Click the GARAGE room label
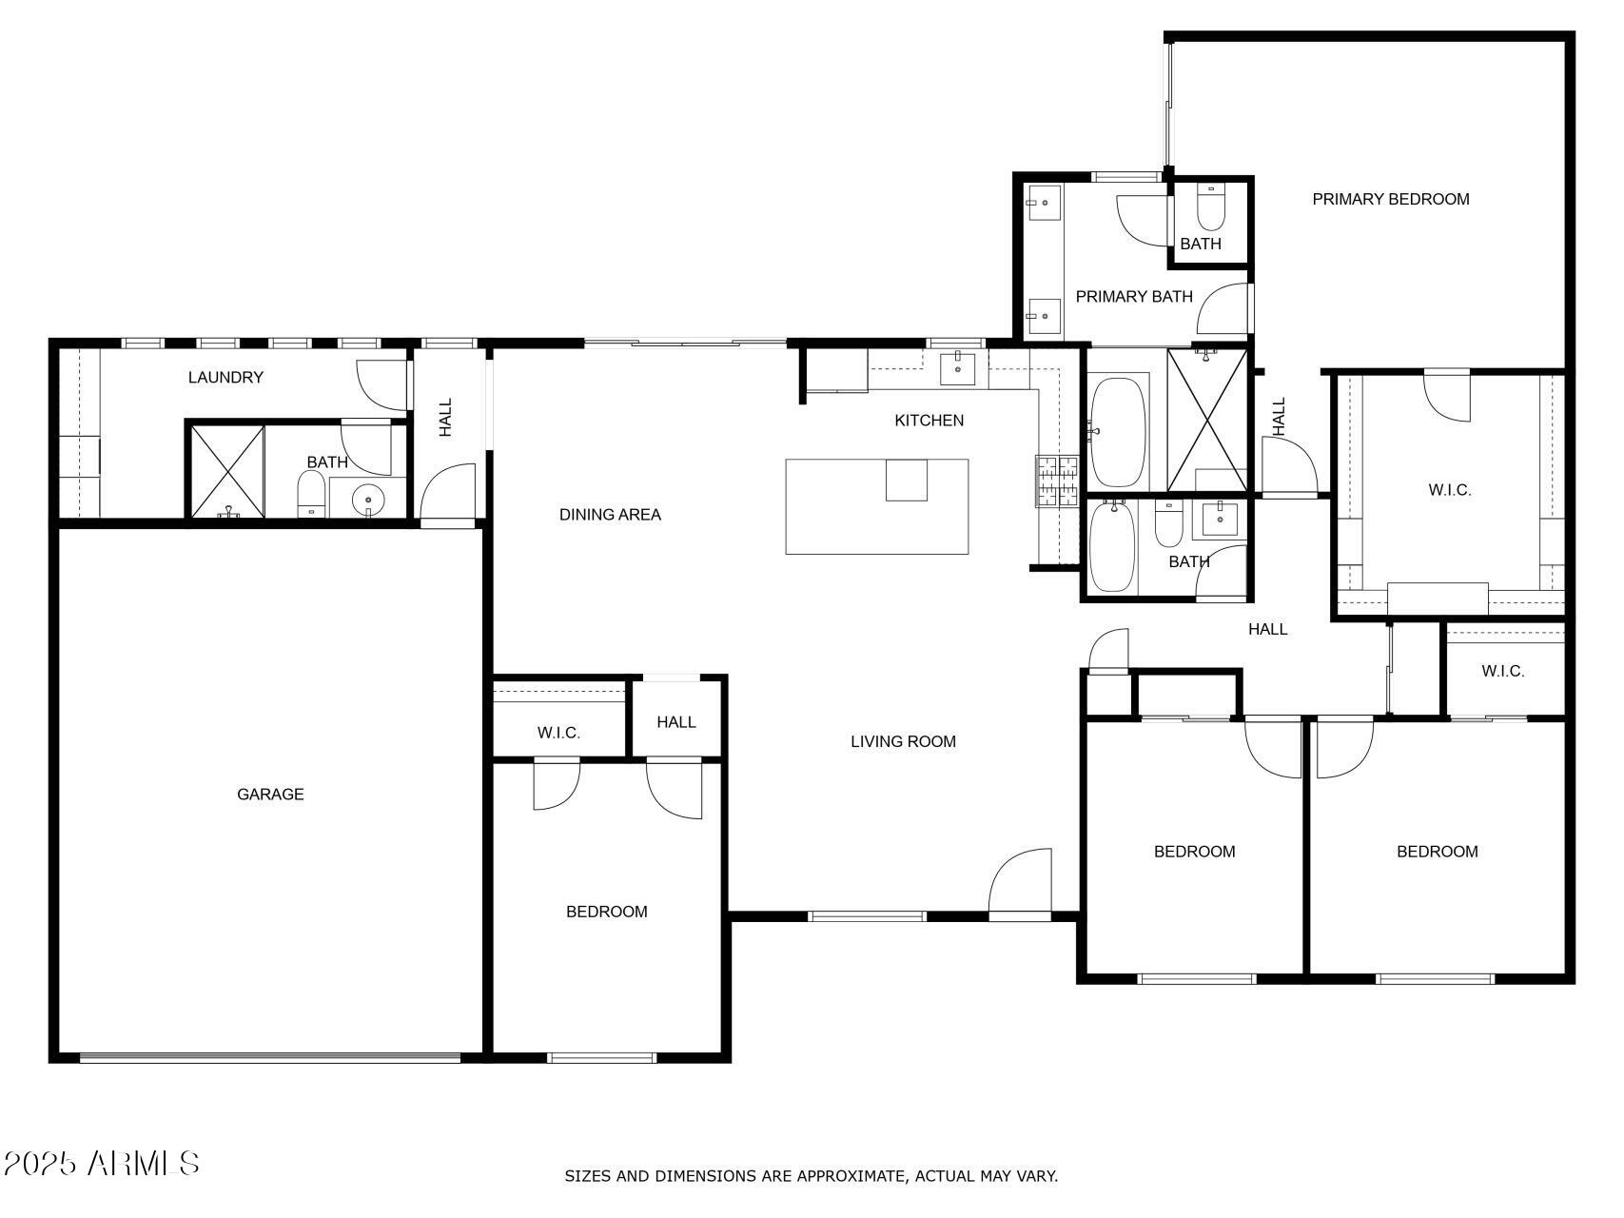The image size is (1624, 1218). coord(270,794)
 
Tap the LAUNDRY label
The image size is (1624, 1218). coord(225,377)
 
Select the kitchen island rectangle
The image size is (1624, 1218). coord(876,506)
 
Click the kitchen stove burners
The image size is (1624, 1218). coord(1056,481)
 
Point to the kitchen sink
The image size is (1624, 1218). coord(957,367)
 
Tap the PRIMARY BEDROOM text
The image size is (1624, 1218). coord(1390,199)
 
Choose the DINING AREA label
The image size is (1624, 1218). coord(610,515)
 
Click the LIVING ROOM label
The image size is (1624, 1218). coord(903,741)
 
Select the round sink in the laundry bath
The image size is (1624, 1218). coord(367,499)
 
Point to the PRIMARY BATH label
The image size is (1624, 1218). coord(1134,296)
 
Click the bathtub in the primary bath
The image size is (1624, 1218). coord(1117,432)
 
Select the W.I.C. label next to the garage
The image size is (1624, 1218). coord(558,733)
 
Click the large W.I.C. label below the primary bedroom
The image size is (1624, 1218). coord(1449,490)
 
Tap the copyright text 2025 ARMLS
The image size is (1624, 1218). coord(101,1163)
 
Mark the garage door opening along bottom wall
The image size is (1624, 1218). coord(270,1056)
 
